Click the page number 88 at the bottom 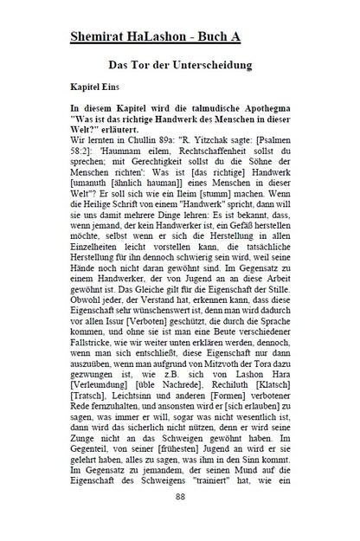(x=180, y=521)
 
